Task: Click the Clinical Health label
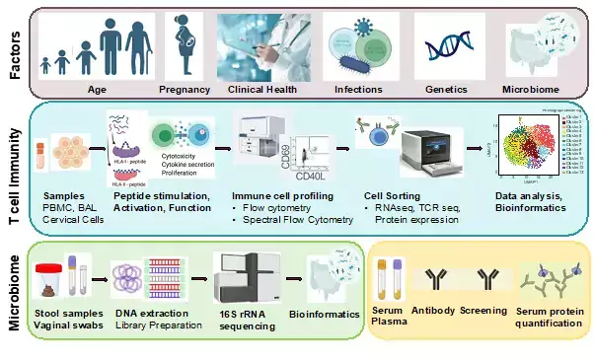coord(262,89)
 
